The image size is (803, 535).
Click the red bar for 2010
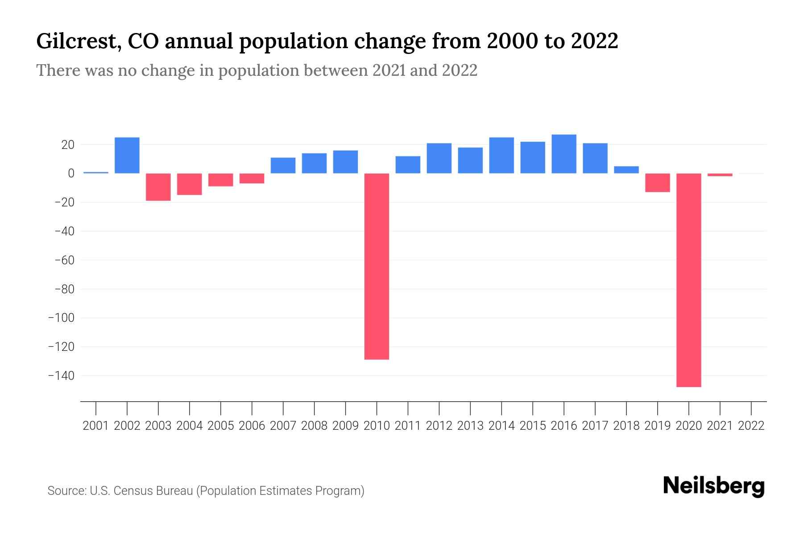[x=377, y=266]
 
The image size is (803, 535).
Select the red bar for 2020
[x=688, y=280]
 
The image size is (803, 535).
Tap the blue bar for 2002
[x=127, y=155]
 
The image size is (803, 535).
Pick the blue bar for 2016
[x=564, y=154]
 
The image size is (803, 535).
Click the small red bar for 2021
[x=720, y=175]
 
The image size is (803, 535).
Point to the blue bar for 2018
[x=626, y=170]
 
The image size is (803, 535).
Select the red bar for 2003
[x=158, y=187]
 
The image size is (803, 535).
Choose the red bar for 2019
[x=657, y=183]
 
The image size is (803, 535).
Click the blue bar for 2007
[x=283, y=165]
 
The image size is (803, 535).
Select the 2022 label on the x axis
[x=751, y=426]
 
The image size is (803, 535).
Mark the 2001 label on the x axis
[x=96, y=426]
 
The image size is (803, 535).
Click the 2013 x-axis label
[x=470, y=426]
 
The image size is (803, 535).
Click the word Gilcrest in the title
[x=77, y=41]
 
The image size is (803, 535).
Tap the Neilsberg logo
[x=714, y=486]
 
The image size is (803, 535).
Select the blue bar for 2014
[x=501, y=155]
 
